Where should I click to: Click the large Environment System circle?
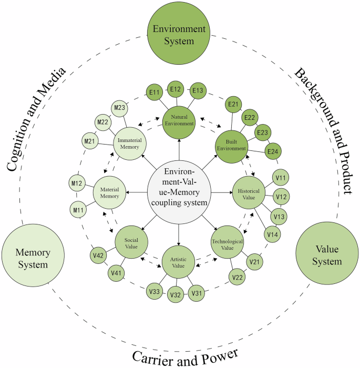click(x=179, y=33)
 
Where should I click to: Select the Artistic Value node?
click(x=179, y=261)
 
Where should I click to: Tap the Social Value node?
click(x=131, y=242)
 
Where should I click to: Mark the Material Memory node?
click(x=110, y=192)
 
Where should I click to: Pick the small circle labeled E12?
click(x=176, y=89)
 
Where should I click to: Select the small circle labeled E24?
click(x=273, y=152)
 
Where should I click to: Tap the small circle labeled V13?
click(x=279, y=216)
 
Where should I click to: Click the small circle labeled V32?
click(x=175, y=295)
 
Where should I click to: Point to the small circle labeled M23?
click(x=119, y=109)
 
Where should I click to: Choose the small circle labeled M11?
click(x=78, y=210)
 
